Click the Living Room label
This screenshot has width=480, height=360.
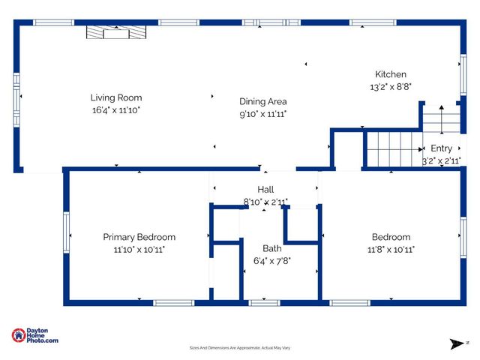116,97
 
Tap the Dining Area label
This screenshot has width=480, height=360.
262,101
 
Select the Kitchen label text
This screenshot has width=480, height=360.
391,74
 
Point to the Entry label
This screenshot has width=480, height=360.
442,148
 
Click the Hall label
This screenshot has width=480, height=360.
266,190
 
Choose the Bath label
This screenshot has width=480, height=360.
271,248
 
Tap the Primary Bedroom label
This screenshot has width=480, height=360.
139,237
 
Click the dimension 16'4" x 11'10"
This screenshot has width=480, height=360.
116,110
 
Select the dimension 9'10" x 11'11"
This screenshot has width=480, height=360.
262,114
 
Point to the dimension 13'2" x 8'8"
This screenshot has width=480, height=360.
391,87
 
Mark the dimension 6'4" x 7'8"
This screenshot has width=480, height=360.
271,261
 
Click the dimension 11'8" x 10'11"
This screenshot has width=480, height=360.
391,250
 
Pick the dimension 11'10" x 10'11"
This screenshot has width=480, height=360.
139,250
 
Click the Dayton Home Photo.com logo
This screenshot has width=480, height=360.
35,336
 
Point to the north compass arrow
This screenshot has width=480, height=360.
457,343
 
